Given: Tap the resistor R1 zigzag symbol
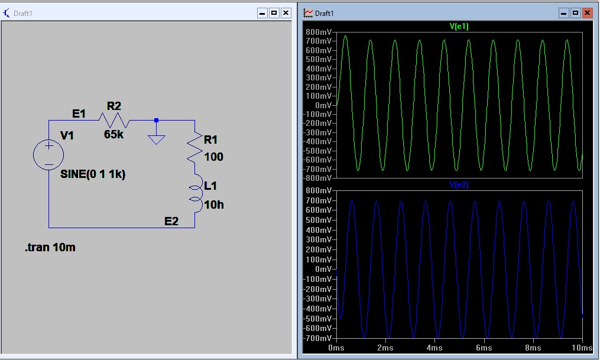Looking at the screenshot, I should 194,148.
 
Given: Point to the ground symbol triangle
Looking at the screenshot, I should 156,140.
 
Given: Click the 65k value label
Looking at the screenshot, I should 113,134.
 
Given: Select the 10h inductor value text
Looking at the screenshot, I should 214,205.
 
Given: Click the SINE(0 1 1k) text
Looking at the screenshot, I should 93,174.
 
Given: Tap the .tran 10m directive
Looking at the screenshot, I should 50,247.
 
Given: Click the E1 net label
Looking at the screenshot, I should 79,113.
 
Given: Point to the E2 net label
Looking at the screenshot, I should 171,221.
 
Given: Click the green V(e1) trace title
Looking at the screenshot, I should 459,27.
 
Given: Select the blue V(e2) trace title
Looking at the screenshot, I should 459,185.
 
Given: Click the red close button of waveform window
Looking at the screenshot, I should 587,12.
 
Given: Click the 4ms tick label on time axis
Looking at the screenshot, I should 435,348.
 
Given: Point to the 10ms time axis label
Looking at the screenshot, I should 582,348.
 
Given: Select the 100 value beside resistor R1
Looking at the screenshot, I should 214,157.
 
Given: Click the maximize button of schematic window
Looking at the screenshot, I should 274,12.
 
